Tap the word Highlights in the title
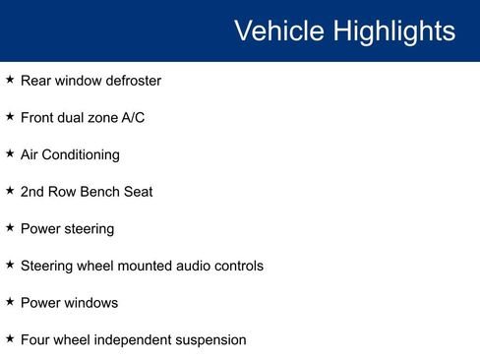coord(394,30)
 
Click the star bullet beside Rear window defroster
coord(10,79)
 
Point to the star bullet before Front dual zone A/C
coord(10,116)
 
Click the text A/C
coord(133,118)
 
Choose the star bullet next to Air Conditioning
coord(10,153)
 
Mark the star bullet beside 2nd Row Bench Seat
coord(10,190)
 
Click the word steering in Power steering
coord(88,229)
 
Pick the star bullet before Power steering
coord(10,227)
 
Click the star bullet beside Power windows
coord(10,301)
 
